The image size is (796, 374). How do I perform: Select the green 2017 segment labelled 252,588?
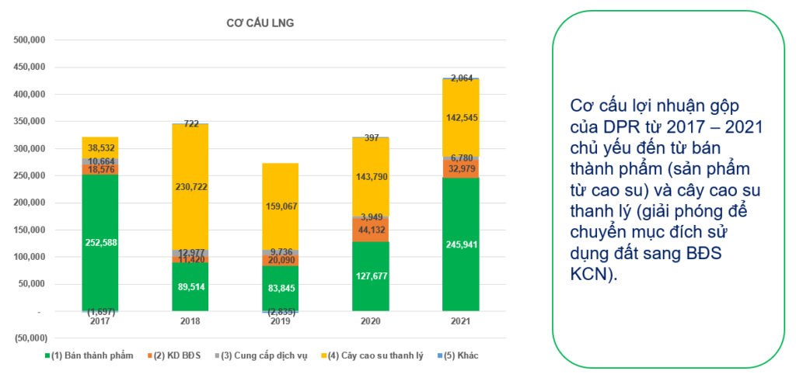(x=100, y=242)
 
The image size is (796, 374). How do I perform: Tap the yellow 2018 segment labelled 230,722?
(x=190, y=187)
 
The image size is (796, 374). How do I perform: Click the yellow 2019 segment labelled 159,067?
(x=281, y=206)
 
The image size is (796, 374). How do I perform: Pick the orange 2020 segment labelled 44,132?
(x=371, y=230)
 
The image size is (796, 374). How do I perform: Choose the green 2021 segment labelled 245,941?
(x=461, y=244)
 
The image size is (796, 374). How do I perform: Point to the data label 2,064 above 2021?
(x=462, y=78)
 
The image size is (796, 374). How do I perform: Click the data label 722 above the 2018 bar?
(x=190, y=123)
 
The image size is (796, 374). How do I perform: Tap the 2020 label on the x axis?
(x=371, y=320)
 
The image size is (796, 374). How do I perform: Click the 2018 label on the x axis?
(x=190, y=320)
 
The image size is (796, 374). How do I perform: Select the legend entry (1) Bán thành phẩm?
(x=85, y=356)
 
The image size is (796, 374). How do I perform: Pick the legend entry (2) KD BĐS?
(x=176, y=356)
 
